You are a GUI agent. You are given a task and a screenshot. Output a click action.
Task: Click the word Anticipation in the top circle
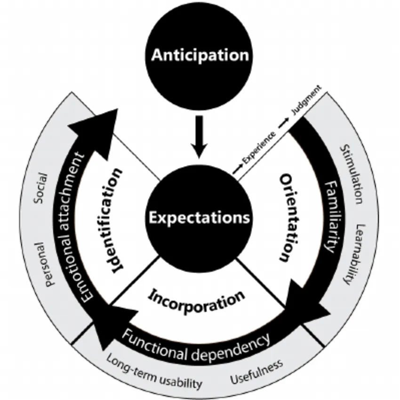point(200,55)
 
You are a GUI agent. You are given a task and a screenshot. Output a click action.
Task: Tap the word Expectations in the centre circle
point(200,217)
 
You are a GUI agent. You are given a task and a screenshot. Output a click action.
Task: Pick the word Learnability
point(354,255)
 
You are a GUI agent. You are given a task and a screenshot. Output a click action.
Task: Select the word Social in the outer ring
point(41,188)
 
